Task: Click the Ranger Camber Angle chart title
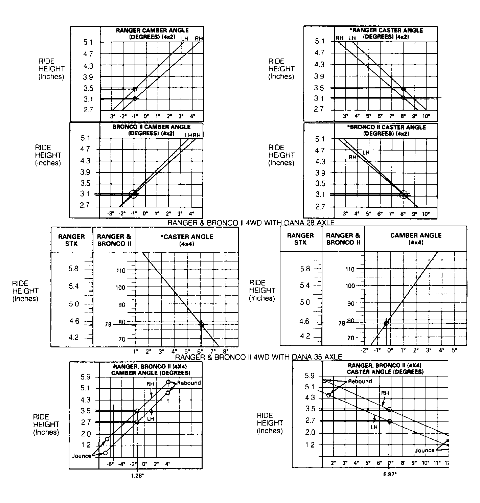pos(152,33)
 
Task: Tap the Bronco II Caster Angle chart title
pos(386,130)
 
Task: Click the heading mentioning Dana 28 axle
pos(251,223)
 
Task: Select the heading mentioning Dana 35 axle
pos(259,357)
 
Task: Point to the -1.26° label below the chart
pos(137,475)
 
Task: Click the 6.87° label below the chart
pos(390,474)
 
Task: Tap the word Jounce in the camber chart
pos(82,456)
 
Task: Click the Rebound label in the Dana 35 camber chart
pos(189,383)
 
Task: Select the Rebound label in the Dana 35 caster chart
pos(360,381)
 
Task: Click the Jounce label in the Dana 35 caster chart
pos(425,450)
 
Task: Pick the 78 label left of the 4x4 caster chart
pos(108,324)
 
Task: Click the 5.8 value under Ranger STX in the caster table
pos(73,269)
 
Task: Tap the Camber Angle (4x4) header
pos(416,238)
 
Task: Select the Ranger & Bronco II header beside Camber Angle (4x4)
pos(343,238)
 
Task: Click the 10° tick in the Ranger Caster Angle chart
pos(426,116)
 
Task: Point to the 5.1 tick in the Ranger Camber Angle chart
pos(88,42)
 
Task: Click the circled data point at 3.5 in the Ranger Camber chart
pos(135,89)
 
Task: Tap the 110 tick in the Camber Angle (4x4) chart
pos(350,269)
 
